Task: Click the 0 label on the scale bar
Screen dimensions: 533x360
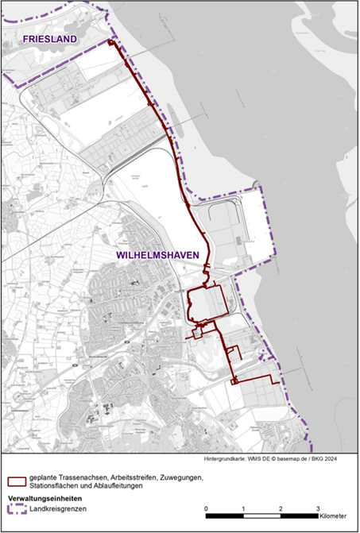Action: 206,507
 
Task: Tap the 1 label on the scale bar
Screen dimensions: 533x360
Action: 243,507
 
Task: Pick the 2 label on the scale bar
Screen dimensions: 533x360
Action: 281,507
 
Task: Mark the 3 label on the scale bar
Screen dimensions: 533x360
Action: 318,507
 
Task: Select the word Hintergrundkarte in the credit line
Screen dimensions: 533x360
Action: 226,460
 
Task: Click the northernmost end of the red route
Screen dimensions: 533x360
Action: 110,39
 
